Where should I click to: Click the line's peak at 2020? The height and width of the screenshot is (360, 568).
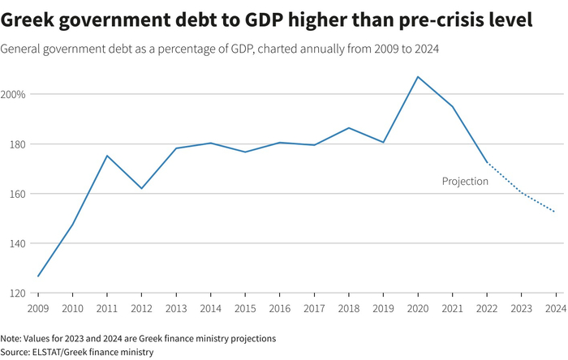tap(418, 77)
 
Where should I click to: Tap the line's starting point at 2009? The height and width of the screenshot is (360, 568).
tap(38, 276)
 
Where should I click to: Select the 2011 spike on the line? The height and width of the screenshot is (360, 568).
tap(107, 156)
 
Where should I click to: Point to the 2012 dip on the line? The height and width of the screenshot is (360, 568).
tap(141, 188)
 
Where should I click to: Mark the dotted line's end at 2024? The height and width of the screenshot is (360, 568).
tap(554, 212)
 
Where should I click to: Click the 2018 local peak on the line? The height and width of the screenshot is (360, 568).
tap(349, 128)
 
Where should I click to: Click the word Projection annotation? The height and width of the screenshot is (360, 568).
tap(465, 182)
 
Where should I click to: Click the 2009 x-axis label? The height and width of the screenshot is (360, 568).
tap(38, 308)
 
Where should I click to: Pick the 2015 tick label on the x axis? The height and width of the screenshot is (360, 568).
tap(245, 308)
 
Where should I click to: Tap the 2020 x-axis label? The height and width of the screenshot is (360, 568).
tap(418, 308)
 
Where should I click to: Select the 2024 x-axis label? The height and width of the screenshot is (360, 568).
tap(555, 308)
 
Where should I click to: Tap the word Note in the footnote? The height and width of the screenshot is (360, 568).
tap(11, 338)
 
